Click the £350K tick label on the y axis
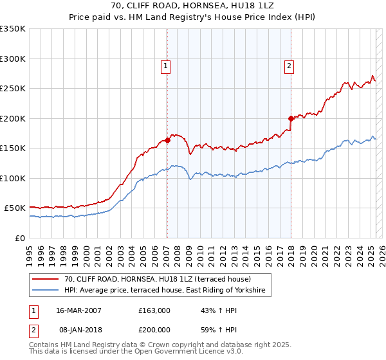[13, 29]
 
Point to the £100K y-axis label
[13, 178]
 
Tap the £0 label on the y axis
[20, 238]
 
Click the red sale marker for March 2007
[167, 140]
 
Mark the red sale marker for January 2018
[291, 118]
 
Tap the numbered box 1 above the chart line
[166, 65]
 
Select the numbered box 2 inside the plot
[289, 65]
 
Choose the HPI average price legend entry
[168, 291]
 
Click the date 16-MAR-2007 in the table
[78, 310]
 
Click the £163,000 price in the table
[154, 310]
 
